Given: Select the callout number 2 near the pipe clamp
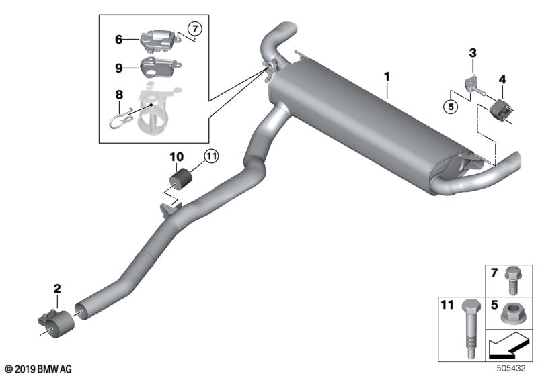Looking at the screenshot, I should (x=57, y=289).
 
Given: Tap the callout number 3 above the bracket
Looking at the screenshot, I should (x=473, y=52).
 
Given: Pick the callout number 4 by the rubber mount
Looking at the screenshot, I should (x=501, y=80).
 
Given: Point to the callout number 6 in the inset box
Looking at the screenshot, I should (x=118, y=40).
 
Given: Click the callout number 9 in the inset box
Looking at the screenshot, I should (x=118, y=67).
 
